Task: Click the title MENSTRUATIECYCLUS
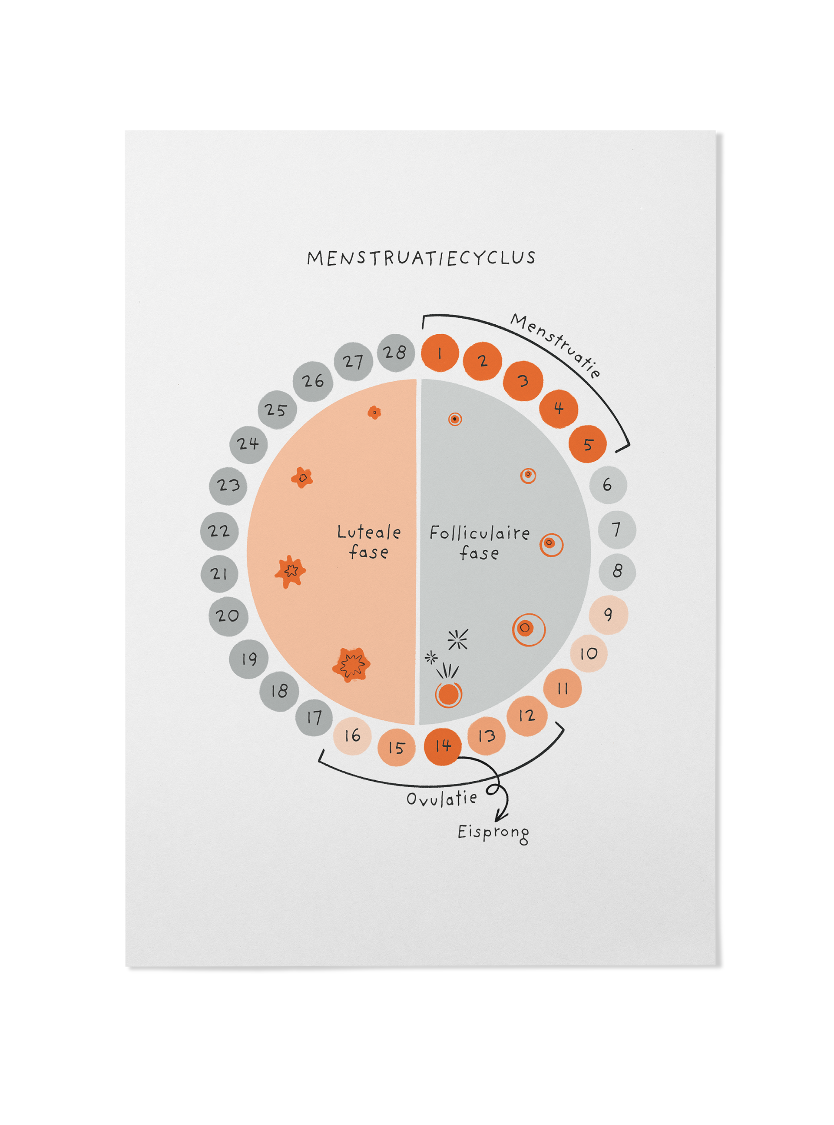click(x=421, y=258)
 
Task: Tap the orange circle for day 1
click(x=440, y=353)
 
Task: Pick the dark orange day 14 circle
click(x=443, y=746)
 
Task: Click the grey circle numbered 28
click(x=395, y=352)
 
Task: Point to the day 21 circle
click(x=219, y=573)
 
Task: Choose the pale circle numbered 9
click(x=608, y=614)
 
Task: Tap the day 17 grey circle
click(x=314, y=717)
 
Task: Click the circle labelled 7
click(x=616, y=529)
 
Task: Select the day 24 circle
click(x=248, y=444)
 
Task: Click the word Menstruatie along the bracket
click(x=555, y=345)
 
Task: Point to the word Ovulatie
click(x=442, y=799)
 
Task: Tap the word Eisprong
click(x=493, y=832)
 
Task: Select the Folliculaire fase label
click(x=479, y=543)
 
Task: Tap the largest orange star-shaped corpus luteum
click(x=351, y=664)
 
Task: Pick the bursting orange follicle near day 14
click(x=448, y=694)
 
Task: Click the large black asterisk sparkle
click(x=458, y=639)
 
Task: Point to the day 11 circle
click(x=563, y=688)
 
